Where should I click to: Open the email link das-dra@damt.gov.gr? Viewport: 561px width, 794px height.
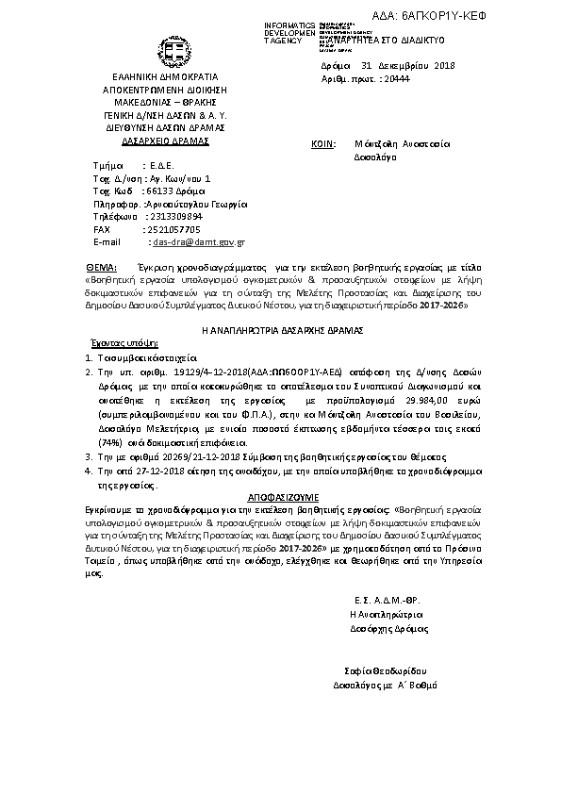(199, 241)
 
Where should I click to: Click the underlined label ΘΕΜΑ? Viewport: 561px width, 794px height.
(101, 267)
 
